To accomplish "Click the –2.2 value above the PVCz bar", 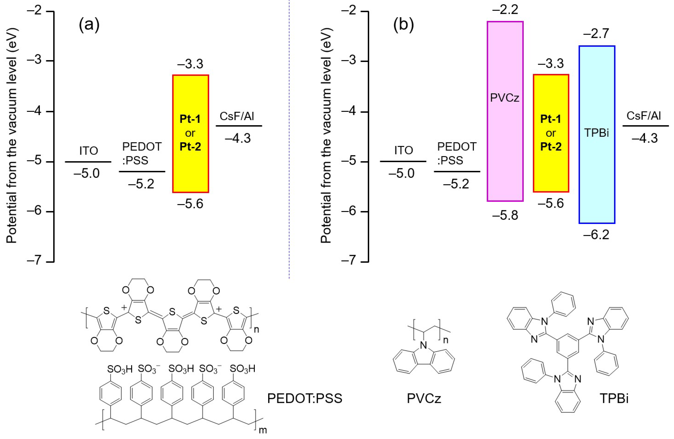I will pos(505,10).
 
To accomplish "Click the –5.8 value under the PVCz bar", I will pos(505,215).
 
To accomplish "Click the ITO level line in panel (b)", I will pos(403,161).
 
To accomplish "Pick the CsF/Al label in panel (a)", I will pos(237,116).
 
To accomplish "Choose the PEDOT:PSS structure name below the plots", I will pos(305,398).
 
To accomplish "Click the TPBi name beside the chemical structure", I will pos(614,398).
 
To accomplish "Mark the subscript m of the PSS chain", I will pos(263,430).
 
